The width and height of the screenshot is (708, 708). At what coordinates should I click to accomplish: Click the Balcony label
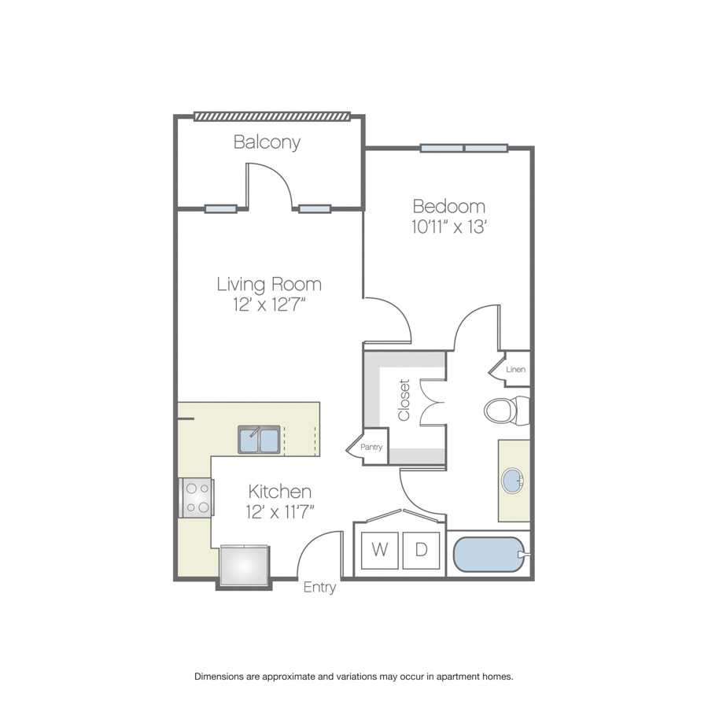coord(267,142)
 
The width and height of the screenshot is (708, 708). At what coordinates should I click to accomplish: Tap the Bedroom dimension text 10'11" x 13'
coord(448,227)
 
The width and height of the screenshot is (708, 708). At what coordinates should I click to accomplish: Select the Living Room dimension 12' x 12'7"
coord(270,304)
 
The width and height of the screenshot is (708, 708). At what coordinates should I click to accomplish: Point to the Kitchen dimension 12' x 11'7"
coord(280,512)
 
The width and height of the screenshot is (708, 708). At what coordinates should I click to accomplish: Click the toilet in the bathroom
coord(507,411)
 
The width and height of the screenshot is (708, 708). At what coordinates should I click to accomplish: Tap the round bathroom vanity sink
coord(512,481)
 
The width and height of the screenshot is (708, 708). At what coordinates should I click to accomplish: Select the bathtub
coord(489,554)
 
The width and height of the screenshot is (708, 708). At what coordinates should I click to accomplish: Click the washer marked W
coord(380,550)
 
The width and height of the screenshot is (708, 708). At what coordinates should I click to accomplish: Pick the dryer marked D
coord(421,550)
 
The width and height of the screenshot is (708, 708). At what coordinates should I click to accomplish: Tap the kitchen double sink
coord(259,439)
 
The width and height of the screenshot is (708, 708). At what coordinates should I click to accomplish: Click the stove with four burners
coord(197,498)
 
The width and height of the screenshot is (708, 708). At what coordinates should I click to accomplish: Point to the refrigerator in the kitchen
coord(245,566)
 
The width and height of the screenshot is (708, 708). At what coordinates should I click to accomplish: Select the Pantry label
coord(371,447)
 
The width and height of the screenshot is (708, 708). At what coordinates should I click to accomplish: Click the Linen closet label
coord(515,370)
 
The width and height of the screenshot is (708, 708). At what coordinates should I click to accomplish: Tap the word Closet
coord(404,400)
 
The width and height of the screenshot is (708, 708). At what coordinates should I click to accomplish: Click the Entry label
coord(319,588)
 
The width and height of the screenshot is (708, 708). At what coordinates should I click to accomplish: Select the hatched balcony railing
coord(272,116)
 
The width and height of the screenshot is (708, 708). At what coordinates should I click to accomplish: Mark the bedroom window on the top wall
coord(464,148)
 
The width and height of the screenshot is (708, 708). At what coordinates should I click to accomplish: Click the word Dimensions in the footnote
coord(219,677)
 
